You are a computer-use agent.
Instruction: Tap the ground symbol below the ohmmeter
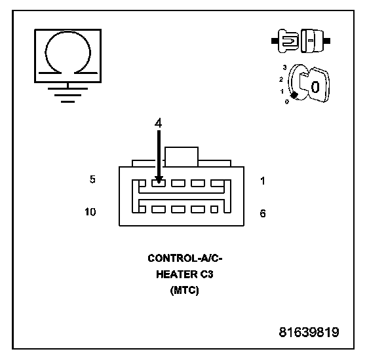[68, 95]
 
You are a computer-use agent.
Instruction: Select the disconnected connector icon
[301, 41]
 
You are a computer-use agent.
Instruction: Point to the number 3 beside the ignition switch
[284, 67]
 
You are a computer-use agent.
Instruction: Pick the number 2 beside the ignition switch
[281, 79]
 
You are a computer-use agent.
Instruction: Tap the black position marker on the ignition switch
[294, 95]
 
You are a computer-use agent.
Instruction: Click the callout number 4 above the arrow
[159, 123]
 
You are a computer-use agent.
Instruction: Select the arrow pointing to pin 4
[159, 156]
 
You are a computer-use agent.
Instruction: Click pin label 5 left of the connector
[92, 179]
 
